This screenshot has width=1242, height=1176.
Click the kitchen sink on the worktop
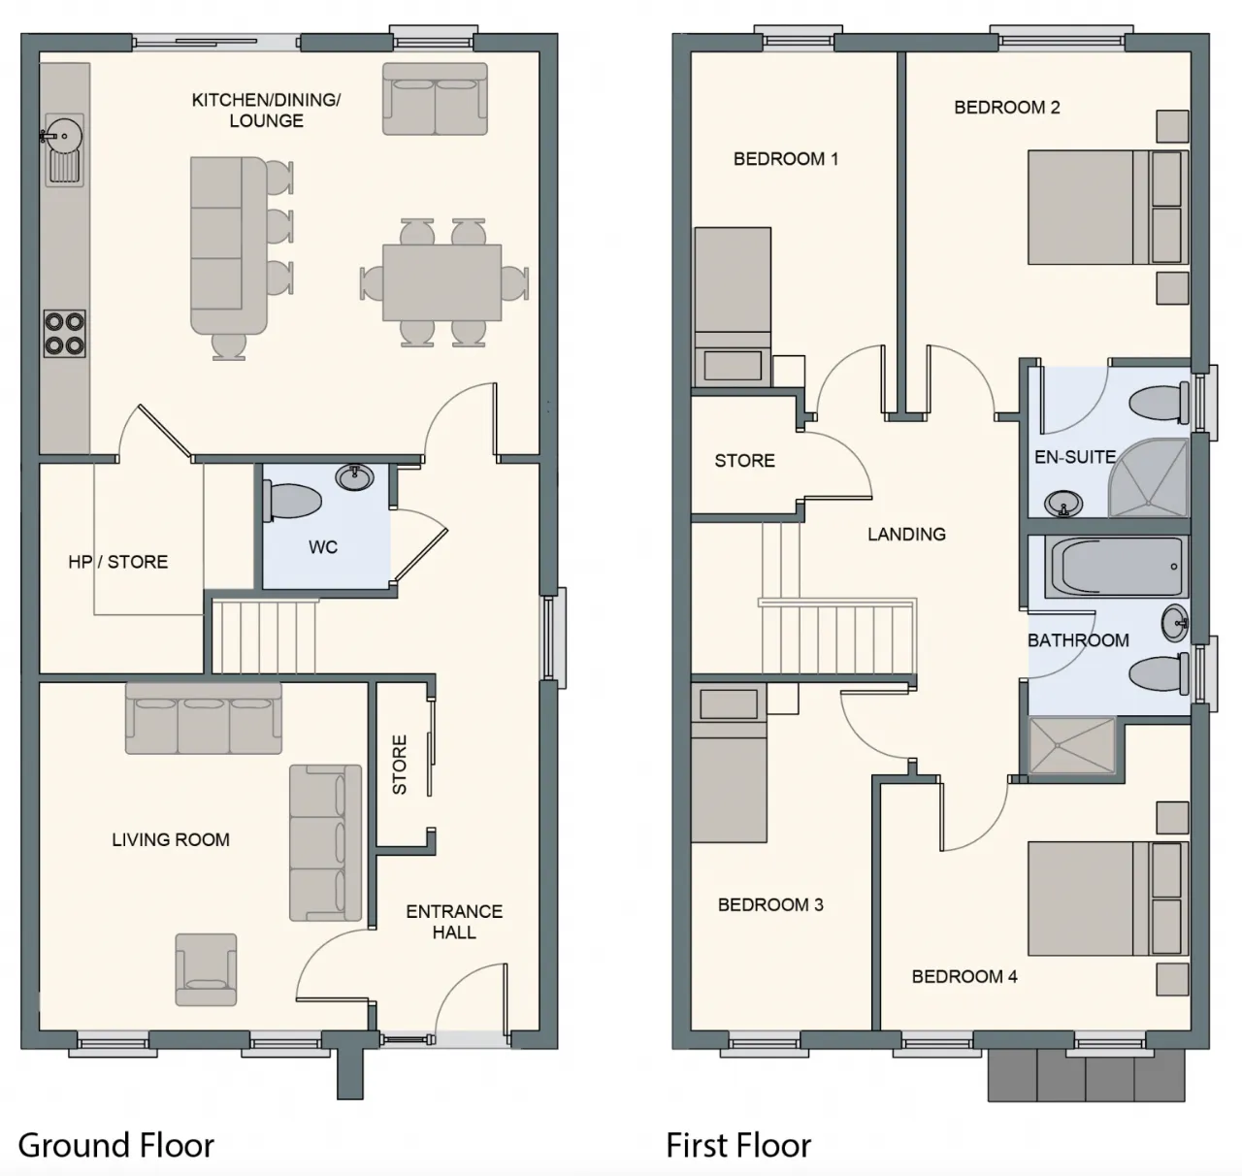coord(64,149)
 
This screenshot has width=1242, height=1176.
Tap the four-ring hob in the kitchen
coord(64,333)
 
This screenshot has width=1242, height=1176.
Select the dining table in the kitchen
coord(441,282)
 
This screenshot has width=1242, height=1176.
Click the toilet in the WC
coord(292,501)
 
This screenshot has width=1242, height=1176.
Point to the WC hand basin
coord(354,477)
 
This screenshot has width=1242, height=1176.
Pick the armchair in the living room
coord(206,969)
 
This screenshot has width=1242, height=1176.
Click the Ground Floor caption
coord(116,1144)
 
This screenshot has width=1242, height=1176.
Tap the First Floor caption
coord(738,1144)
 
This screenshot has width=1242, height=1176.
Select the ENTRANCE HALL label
coord(454,922)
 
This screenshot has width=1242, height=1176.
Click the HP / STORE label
coord(118,562)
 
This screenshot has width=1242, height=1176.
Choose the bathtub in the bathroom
coord(1116,567)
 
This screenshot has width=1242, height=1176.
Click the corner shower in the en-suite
coord(1149,478)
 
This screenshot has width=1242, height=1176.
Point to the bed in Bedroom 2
coord(1108,207)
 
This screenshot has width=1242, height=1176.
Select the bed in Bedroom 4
coord(1108,898)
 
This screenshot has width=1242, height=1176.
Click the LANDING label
coord(906,535)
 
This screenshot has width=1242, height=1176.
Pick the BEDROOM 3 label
coord(770,905)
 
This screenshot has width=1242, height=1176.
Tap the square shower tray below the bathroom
coord(1072,745)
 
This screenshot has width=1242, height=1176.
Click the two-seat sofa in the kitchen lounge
coord(435,99)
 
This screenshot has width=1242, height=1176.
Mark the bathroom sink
coord(1175,623)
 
